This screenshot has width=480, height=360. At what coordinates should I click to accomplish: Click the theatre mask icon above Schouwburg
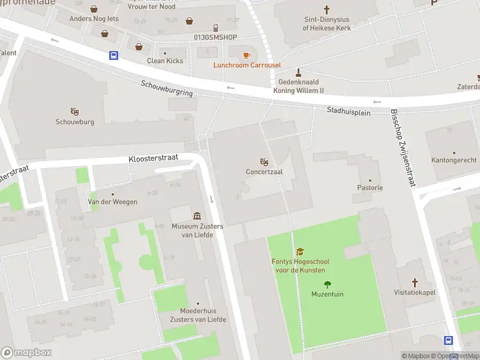point(74,112)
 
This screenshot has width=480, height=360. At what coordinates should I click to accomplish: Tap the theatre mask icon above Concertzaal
point(263,162)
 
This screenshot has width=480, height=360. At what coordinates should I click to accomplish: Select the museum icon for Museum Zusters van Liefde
point(197,216)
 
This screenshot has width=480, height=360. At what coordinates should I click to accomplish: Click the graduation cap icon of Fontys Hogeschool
point(299,252)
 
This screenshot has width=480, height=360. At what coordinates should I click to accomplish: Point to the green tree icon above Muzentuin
point(327,284)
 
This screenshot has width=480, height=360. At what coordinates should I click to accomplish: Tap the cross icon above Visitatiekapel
point(415,283)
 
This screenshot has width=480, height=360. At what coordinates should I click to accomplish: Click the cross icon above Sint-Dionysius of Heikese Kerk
point(326,10)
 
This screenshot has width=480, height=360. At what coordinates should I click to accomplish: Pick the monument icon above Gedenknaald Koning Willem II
point(288,72)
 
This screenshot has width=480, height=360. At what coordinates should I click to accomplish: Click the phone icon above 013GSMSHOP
point(215,28)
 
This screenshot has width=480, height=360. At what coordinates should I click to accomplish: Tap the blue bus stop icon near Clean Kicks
point(113,56)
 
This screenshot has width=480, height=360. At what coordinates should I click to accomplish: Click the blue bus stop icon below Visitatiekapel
point(448,340)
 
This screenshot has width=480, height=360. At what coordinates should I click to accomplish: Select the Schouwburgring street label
point(167,89)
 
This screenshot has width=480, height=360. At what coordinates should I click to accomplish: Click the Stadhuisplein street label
point(349,112)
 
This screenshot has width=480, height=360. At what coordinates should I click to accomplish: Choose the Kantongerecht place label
point(454,160)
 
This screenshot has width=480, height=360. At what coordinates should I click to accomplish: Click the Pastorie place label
point(370,188)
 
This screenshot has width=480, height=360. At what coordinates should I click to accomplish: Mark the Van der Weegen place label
point(113,202)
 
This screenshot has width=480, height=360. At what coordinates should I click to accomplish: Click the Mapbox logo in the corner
point(26,352)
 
